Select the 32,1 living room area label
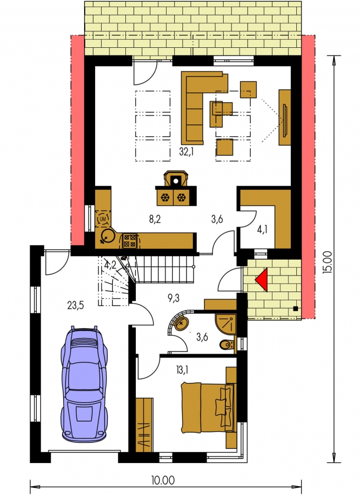186,152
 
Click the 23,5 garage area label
76,305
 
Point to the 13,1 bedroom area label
182,370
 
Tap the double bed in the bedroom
209,407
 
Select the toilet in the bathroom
227,345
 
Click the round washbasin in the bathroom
182,324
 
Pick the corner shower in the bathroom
226,324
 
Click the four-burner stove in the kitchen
130,240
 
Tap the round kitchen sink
108,235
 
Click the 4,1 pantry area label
262,229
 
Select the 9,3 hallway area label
173,298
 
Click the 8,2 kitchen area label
155,219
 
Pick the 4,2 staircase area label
109,265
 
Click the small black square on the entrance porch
295,309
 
